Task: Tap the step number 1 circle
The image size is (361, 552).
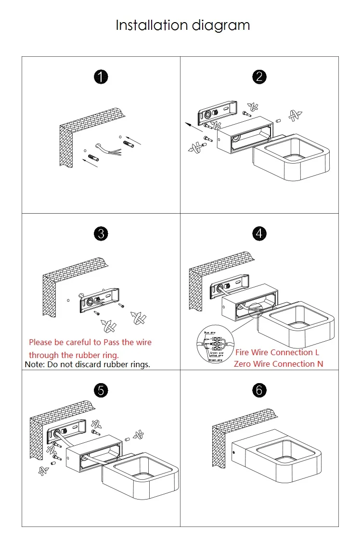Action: [x=101, y=77]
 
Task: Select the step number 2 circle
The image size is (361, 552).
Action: [x=259, y=77]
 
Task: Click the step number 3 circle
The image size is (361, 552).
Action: [x=101, y=234]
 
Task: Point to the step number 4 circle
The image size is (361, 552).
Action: [x=259, y=234]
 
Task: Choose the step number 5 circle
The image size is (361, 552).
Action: [x=101, y=390]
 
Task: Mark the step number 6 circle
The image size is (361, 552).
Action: [x=259, y=390]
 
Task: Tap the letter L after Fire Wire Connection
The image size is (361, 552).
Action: [x=317, y=352]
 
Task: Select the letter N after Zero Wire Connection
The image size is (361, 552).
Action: [x=320, y=364]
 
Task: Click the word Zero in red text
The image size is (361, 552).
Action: [x=243, y=364]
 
